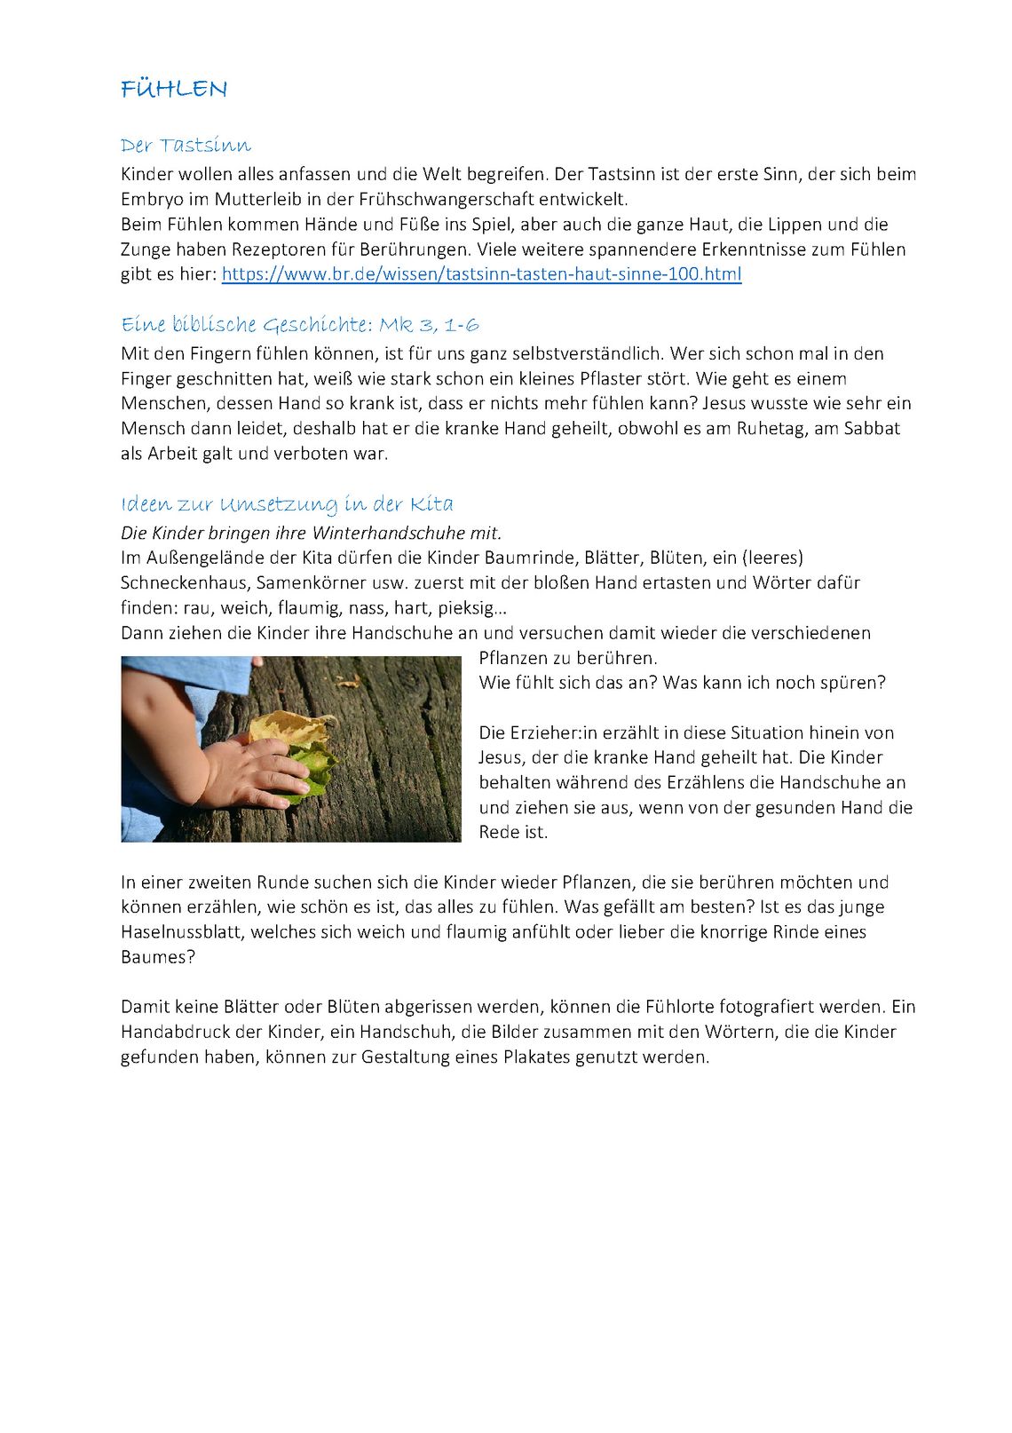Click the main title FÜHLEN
[x=174, y=89]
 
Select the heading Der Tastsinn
[x=186, y=146]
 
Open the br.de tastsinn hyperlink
[x=481, y=274]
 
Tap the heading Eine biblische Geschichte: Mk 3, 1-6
[x=300, y=325]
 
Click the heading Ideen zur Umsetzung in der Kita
[x=287, y=504]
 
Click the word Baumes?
[x=158, y=957]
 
